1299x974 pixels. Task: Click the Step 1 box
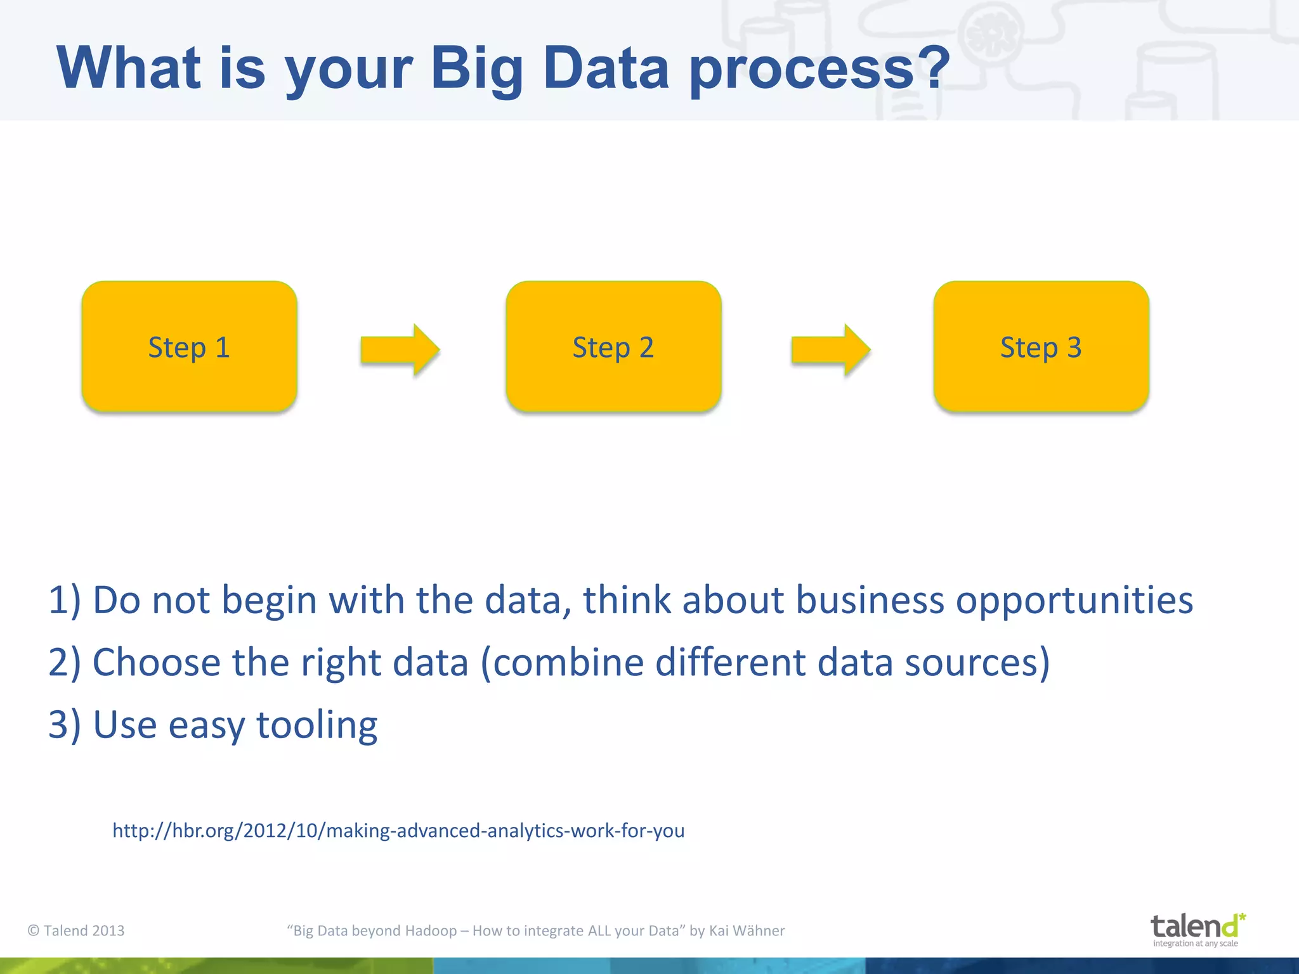click(x=189, y=347)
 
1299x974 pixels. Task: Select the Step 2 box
click(x=613, y=347)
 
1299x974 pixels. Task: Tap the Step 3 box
click(x=1041, y=347)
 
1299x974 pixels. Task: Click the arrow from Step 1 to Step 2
click(x=400, y=349)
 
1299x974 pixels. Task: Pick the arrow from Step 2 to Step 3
click(x=831, y=349)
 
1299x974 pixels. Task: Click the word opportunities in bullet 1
click(x=1074, y=601)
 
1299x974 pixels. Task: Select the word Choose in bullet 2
click(x=156, y=663)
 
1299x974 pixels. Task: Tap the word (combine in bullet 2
click(x=562, y=663)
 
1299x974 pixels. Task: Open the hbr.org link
click(x=398, y=830)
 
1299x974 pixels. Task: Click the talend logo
click(x=1197, y=929)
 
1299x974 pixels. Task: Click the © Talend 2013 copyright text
click(x=76, y=930)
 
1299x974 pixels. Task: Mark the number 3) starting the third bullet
click(x=64, y=725)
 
